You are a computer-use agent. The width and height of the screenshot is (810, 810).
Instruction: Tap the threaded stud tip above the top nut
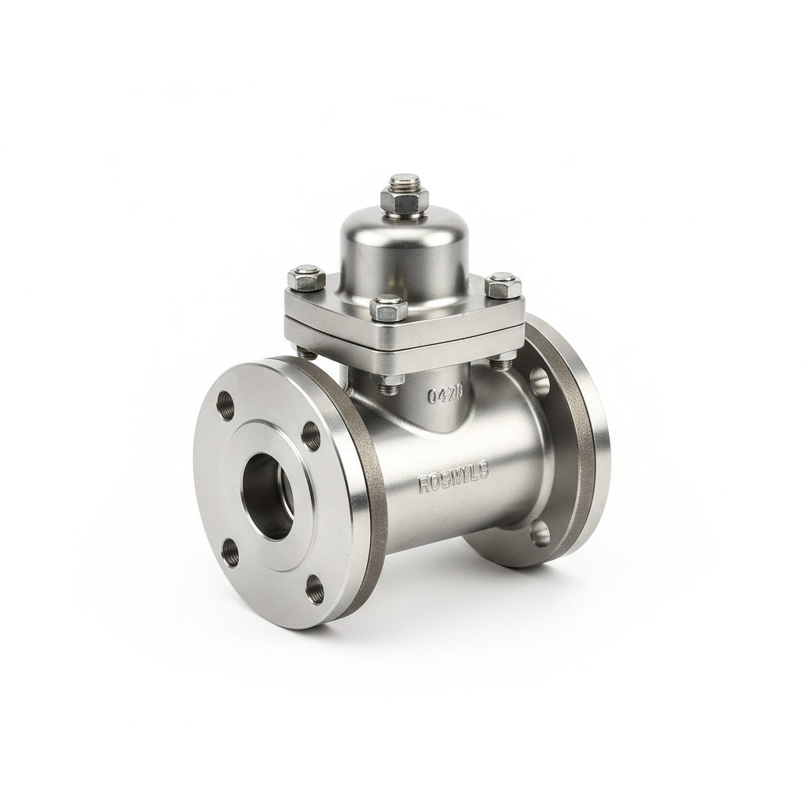(404, 181)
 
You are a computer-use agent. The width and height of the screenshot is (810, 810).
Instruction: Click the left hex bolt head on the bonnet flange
(307, 278)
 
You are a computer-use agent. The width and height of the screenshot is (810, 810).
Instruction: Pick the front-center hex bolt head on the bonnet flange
(388, 308)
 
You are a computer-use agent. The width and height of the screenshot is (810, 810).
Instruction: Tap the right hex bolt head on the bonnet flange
(503, 285)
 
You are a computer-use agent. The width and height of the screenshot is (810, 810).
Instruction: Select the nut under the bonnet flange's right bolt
(502, 361)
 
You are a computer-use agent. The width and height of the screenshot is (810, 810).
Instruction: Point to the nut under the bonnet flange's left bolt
(306, 351)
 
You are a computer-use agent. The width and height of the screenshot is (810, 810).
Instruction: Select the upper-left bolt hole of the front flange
(225, 405)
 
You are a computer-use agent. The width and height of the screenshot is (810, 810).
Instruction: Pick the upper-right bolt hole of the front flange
(312, 436)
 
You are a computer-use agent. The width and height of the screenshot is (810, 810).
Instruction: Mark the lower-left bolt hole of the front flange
(230, 553)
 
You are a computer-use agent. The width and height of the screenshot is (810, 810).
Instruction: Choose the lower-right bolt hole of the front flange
(315, 589)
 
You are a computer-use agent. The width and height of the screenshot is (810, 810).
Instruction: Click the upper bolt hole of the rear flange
(539, 381)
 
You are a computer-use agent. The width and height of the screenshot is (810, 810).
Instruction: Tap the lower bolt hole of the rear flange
(539, 533)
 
